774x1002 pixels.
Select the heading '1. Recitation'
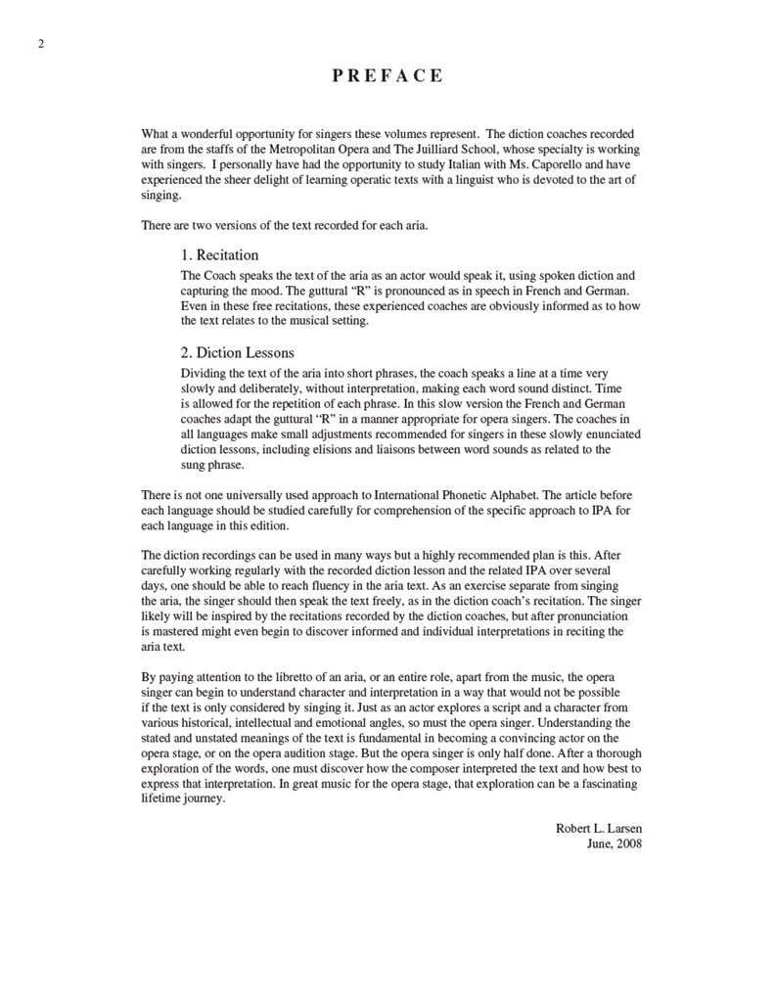(x=220, y=255)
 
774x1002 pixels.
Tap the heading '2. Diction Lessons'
(x=238, y=352)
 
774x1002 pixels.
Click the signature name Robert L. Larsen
(x=599, y=828)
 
